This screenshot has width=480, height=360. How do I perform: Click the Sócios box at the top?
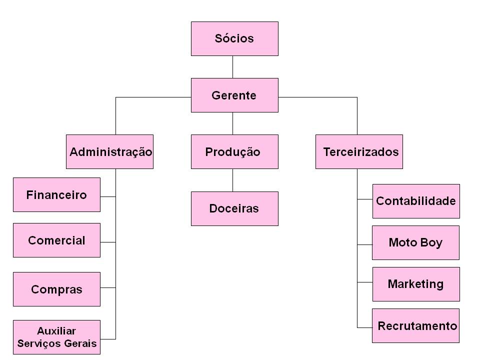(234, 38)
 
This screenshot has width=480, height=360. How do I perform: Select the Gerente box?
(234, 95)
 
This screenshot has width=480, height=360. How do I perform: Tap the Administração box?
(109, 151)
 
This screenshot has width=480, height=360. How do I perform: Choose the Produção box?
(234, 151)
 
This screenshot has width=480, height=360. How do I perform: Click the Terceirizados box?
(359, 151)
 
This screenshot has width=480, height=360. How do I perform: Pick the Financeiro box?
(56, 194)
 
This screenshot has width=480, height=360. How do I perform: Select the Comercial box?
(56, 240)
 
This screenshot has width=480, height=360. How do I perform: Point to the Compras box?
(56, 289)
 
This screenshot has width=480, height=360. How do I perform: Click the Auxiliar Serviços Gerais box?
(56, 337)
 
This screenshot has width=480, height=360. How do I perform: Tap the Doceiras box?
(234, 208)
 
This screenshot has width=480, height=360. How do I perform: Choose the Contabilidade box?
(416, 201)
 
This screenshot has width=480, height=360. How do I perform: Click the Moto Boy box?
(415, 242)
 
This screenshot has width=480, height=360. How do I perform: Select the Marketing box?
(416, 284)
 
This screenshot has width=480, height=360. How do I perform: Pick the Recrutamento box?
(416, 326)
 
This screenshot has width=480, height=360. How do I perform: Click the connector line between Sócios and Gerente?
(232, 67)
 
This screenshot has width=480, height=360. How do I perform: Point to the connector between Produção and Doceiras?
(232, 180)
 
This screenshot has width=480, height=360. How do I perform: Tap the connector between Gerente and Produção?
(232, 123)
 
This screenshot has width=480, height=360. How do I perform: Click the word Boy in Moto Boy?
(431, 242)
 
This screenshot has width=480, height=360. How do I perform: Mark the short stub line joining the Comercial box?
(108, 242)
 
